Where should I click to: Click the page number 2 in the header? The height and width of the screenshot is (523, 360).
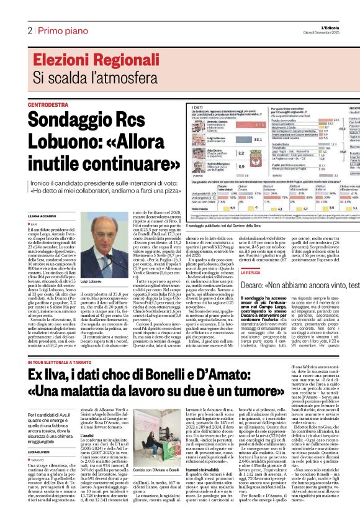29,30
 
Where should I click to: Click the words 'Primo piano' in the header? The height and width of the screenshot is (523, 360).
60,30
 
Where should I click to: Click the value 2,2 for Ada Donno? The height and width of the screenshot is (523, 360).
240,152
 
